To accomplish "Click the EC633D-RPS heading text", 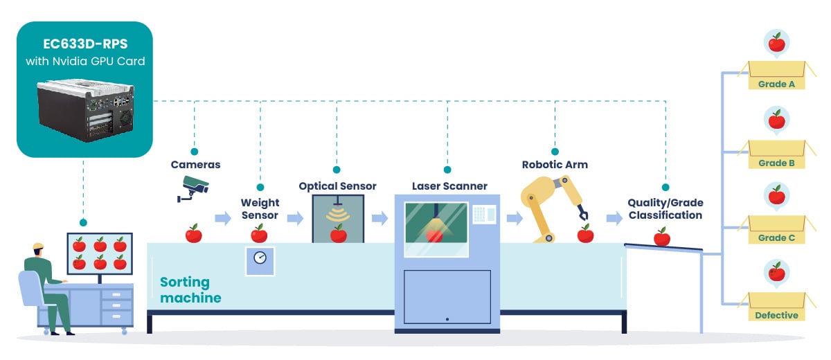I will pyautogui.click(x=84, y=44).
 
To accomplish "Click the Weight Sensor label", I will pyautogui.click(x=260, y=209).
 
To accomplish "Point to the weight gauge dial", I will pyautogui.click(x=260, y=258).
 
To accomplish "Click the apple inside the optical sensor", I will pyautogui.click(x=338, y=234).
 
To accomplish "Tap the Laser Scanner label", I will pyautogui.click(x=449, y=186).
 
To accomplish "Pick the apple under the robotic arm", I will pyautogui.click(x=585, y=234).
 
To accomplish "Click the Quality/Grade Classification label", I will pyautogui.click(x=665, y=209).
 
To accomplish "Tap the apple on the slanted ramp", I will pyautogui.click(x=662, y=237).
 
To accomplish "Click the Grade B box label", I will pyautogui.click(x=776, y=163).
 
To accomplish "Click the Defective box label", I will pyautogui.click(x=776, y=315).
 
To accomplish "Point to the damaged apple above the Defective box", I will pyautogui.click(x=777, y=272).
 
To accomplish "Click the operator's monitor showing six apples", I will pyautogui.click(x=100, y=253).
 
